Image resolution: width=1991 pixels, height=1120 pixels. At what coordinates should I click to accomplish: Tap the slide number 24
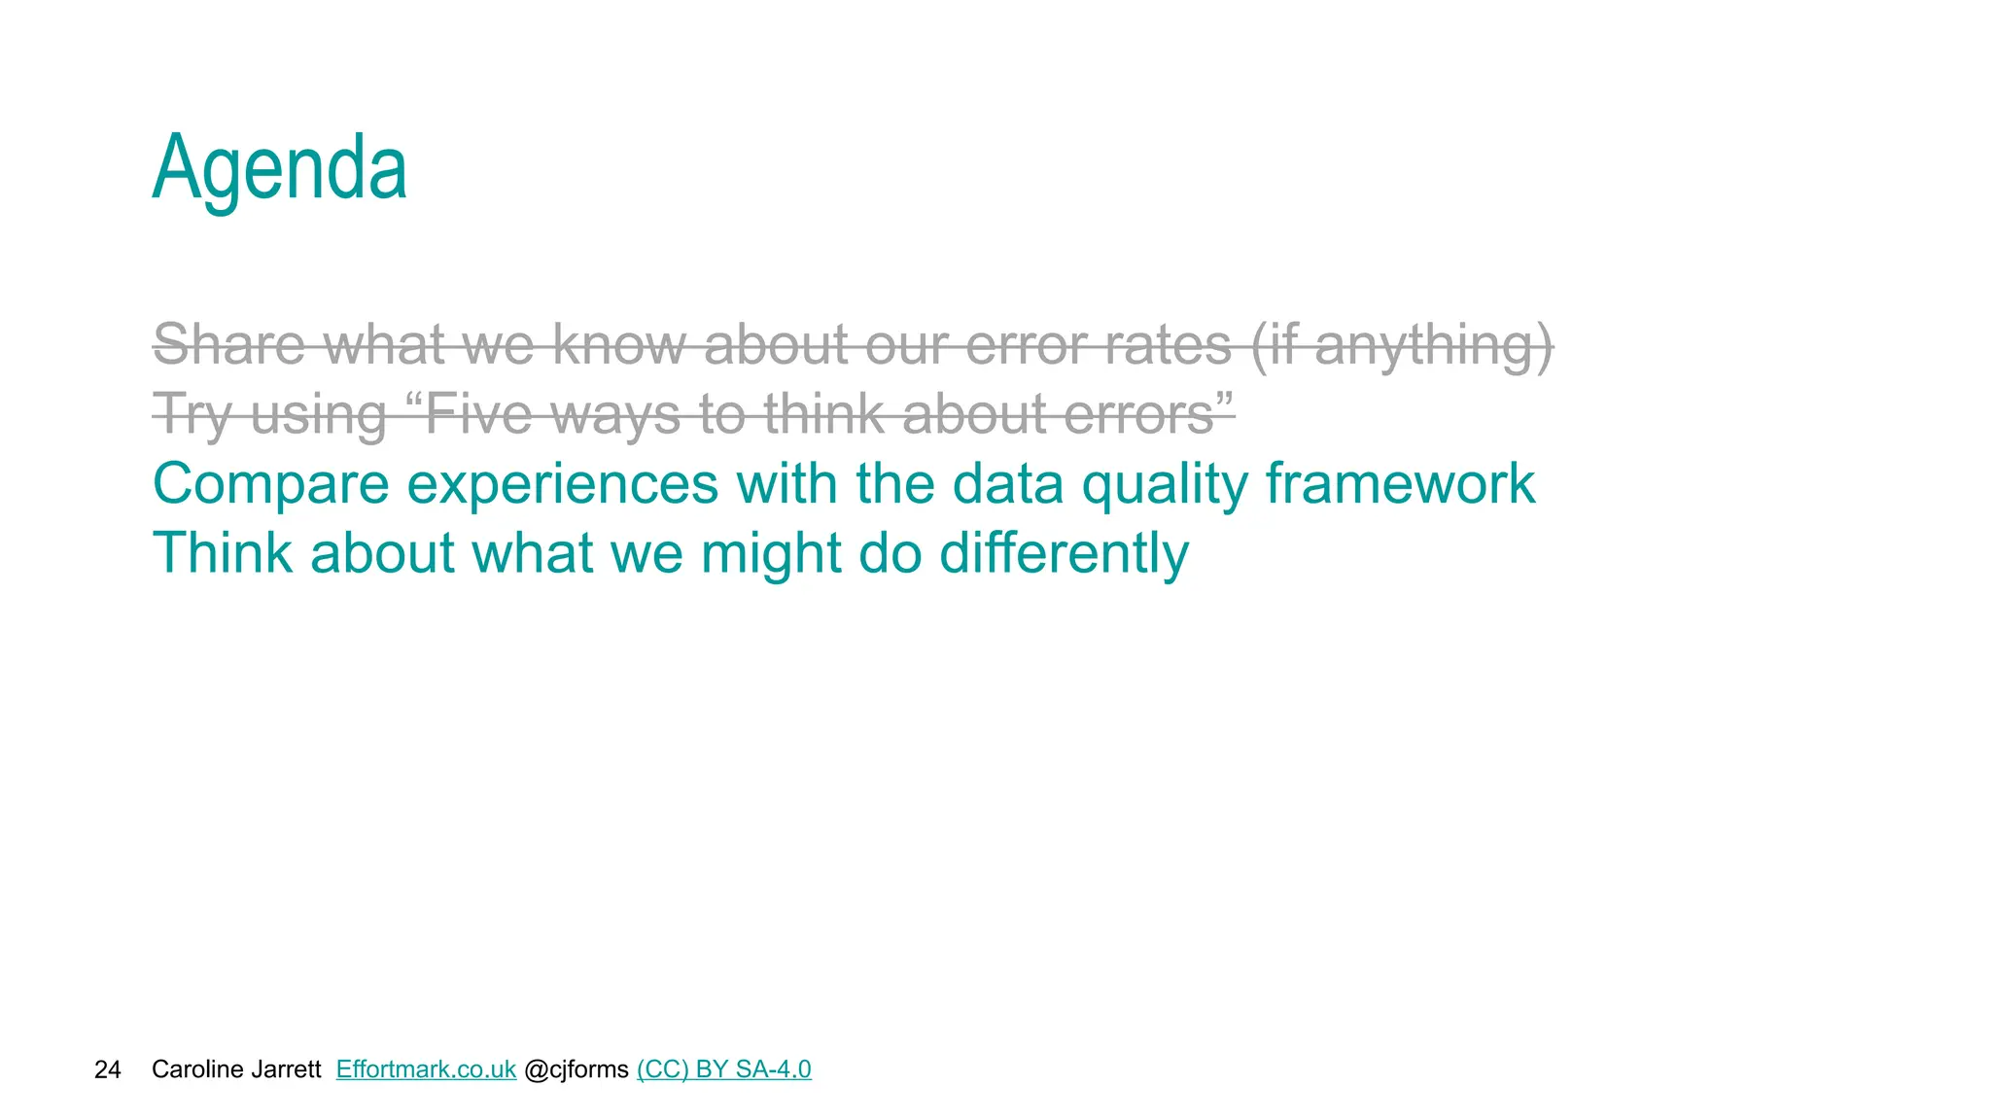pos(107,1069)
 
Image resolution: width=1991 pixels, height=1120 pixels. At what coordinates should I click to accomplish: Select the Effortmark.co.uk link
pos(426,1069)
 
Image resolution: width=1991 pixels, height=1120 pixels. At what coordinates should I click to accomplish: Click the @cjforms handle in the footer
pos(576,1069)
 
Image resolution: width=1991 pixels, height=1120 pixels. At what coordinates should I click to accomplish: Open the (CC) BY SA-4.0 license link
pos(723,1069)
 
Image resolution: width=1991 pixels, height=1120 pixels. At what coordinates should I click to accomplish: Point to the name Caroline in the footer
pos(193,1069)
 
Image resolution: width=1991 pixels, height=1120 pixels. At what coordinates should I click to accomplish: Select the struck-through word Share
pos(229,344)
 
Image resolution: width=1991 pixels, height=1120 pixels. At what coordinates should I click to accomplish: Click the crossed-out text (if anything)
pos(1401,346)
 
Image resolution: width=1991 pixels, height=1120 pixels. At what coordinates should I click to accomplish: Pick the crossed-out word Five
pos(478,414)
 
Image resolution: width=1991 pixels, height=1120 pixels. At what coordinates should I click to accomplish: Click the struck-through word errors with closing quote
pos(1148,414)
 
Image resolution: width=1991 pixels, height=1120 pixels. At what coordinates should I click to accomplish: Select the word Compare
pos(270,485)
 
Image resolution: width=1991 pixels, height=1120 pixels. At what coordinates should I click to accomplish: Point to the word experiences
pos(562,485)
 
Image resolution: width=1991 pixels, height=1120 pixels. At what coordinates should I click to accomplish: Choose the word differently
pos(1064,554)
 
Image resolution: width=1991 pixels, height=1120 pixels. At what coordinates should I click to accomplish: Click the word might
pos(771,554)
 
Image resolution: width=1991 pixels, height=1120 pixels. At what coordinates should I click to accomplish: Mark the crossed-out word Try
pos(192,415)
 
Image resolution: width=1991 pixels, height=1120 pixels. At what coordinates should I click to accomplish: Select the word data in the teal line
pos(1008,483)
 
